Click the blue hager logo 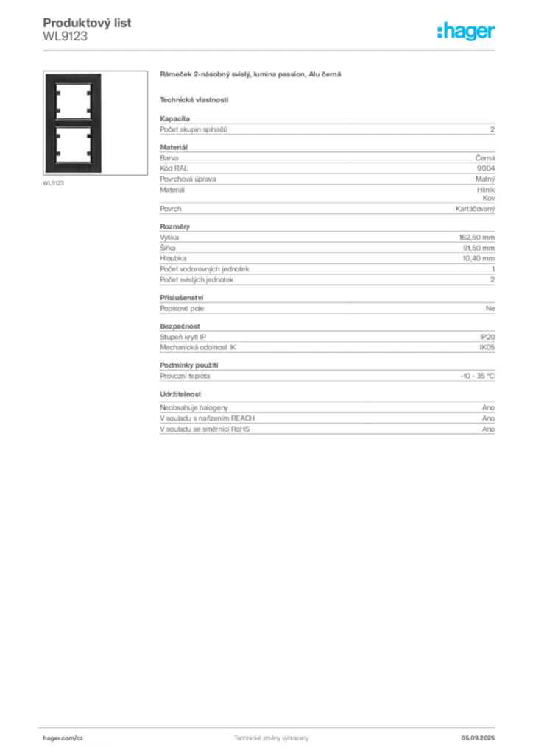point(467,32)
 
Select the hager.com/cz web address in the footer point(65,737)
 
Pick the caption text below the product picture point(53,182)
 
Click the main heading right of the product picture point(253,76)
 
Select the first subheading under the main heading point(194,99)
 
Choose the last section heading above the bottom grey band point(182,393)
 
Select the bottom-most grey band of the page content point(326,421)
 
